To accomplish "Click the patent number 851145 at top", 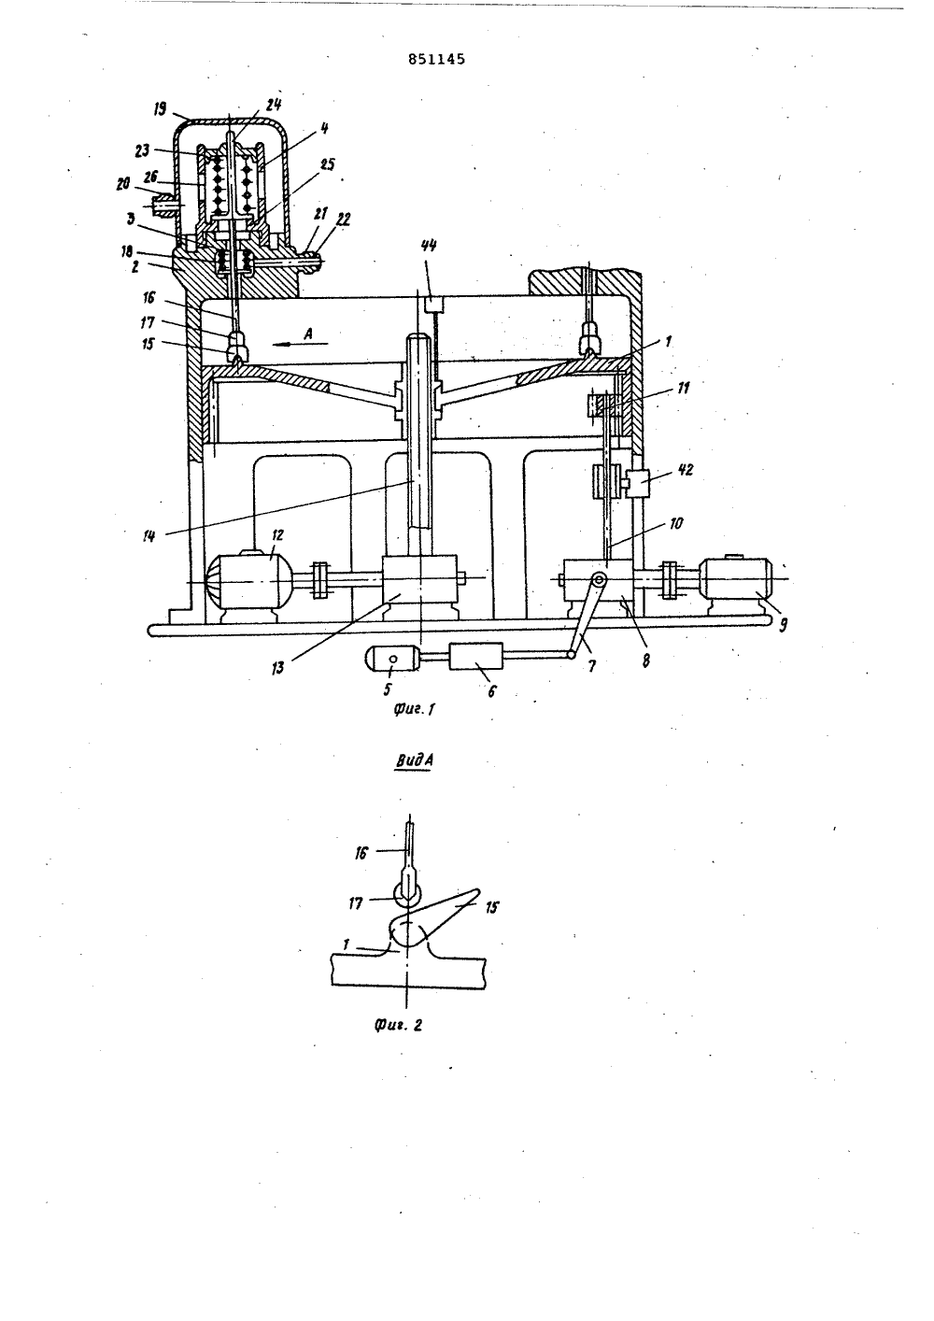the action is (x=436, y=59).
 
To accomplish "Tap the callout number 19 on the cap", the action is (x=160, y=109).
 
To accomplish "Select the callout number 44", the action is (x=429, y=246).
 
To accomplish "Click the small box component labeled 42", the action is (x=637, y=484).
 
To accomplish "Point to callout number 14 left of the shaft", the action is (x=149, y=536).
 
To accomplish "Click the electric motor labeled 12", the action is (x=247, y=581).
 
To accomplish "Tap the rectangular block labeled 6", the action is (x=475, y=657).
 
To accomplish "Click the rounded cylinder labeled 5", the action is (x=392, y=658).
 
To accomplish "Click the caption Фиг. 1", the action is (x=414, y=709).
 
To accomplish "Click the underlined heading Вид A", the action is (x=414, y=760).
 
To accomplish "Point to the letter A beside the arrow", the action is (x=307, y=334).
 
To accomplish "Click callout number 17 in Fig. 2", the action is (x=355, y=903).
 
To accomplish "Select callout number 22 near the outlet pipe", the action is (x=343, y=220).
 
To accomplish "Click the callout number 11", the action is (x=683, y=388).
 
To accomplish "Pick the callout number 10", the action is (x=675, y=523).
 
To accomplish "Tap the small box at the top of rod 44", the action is (x=433, y=305).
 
